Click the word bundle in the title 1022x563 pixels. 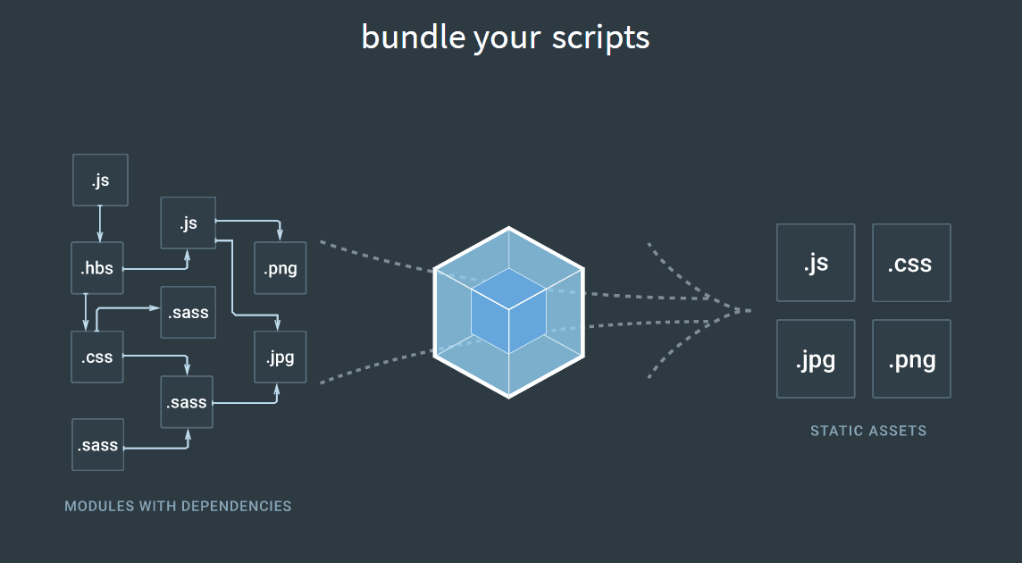(413, 37)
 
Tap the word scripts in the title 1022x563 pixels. (600, 38)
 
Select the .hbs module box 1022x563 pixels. (97, 268)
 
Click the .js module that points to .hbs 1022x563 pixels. (100, 180)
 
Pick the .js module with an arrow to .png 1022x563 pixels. (188, 223)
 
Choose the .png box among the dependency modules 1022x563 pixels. (281, 268)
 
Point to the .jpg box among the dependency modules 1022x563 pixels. (281, 357)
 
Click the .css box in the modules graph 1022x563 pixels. (97, 357)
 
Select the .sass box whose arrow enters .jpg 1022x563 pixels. (187, 402)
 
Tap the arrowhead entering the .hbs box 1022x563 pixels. (100, 238)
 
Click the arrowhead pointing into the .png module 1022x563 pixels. (280, 235)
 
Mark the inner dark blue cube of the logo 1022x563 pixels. (508, 310)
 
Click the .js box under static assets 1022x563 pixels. (816, 263)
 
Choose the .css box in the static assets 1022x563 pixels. (911, 263)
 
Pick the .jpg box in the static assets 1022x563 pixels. (816, 359)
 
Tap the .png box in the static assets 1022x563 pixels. (911, 359)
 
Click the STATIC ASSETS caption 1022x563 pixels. (868, 431)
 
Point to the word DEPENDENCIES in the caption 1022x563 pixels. (237, 506)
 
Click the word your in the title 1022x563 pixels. (507, 39)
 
